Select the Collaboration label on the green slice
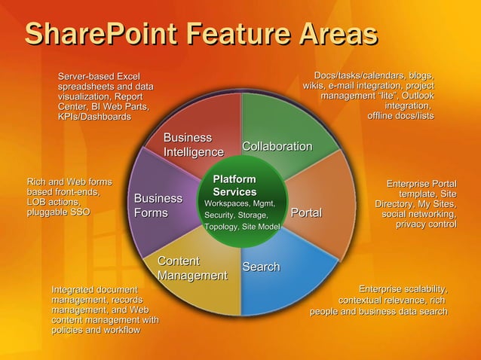[277, 146]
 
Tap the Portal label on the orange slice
[306, 214]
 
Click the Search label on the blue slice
[261, 267]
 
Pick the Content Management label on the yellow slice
[192, 269]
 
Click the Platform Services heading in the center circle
[234, 186]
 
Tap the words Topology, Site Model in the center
[242, 227]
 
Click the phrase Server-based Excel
[100, 76]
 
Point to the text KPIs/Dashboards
[94, 117]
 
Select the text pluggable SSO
[58, 213]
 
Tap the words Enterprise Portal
[421, 184]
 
